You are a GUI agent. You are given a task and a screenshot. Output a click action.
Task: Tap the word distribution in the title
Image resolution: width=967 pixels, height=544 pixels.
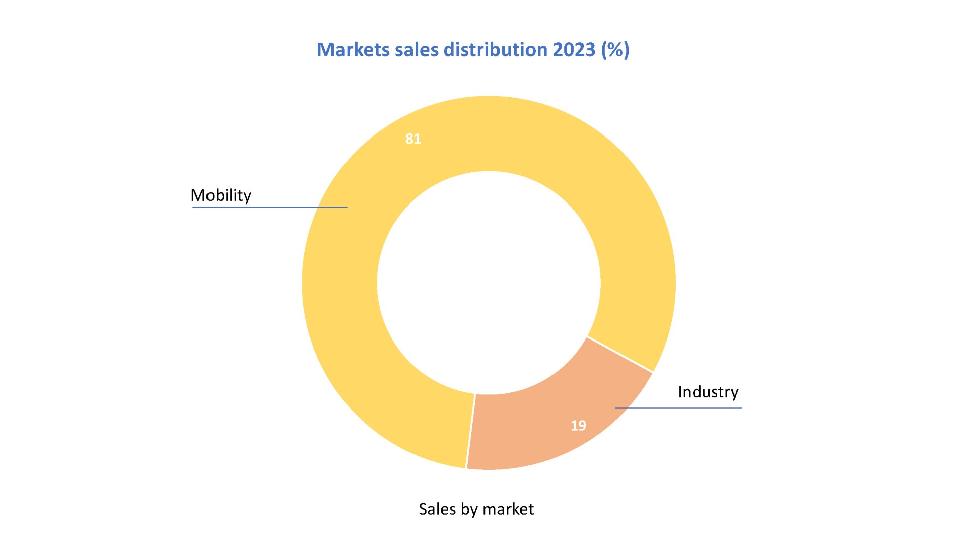click(x=496, y=50)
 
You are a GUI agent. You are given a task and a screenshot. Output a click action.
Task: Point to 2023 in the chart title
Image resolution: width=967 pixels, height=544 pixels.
click(x=574, y=50)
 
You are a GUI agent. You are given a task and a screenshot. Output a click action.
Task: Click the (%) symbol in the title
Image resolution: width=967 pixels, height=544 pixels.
click(x=615, y=50)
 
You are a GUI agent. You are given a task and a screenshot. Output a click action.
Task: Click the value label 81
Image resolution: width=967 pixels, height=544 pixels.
click(x=413, y=139)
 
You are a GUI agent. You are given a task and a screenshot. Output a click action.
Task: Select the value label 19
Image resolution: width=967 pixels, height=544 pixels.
click(x=578, y=426)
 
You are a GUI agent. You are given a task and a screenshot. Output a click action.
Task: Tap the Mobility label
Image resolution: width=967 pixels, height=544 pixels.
click(x=221, y=195)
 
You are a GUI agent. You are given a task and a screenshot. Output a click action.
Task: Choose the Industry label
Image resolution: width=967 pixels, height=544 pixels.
click(x=708, y=392)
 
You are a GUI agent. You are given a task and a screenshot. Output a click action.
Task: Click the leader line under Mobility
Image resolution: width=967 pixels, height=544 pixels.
click(x=269, y=207)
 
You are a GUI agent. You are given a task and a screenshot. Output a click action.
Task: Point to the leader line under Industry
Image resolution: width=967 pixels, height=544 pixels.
click(x=678, y=408)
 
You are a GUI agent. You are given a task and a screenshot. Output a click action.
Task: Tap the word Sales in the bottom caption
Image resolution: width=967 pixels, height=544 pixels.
click(x=437, y=509)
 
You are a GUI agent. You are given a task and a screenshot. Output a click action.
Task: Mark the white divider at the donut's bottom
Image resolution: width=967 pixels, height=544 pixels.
click(x=470, y=431)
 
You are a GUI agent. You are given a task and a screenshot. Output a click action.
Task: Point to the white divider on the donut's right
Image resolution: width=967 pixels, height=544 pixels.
click(x=620, y=355)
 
